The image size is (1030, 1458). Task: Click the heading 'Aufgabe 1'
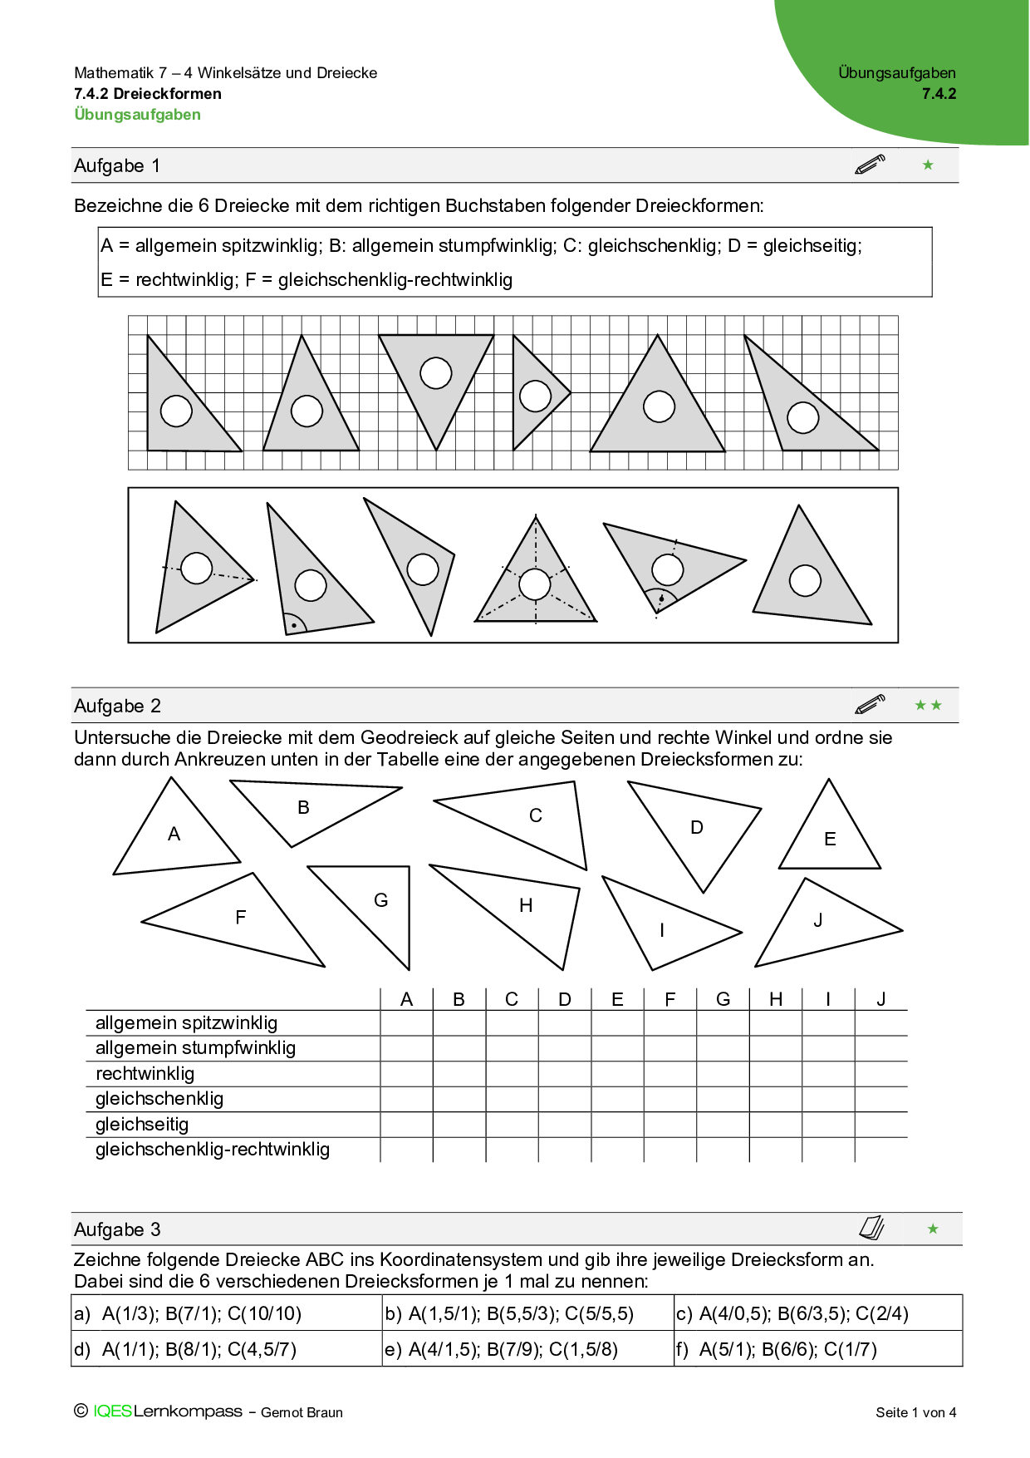tap(117, 166)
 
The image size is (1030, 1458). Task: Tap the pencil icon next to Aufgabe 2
tap(870, 705)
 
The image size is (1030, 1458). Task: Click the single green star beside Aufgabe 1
tap(928, 165)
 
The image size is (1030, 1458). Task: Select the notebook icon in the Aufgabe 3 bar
tap(871, 1228)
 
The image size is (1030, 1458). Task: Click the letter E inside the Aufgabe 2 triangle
tap(830, 840)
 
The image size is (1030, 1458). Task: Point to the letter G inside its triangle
tap(381, 900)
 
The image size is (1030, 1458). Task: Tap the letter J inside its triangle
tap(818, 920)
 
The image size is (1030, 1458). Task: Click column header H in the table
tap(776, 999)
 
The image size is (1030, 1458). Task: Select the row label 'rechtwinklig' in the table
tap(145, 1073)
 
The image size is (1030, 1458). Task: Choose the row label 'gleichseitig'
tap(142, 1125)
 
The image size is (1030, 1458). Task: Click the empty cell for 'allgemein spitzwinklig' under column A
tap(406, 1023)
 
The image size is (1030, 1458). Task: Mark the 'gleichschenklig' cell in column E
tap(617, 1099)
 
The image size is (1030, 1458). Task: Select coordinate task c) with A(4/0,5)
tap(804, 1313)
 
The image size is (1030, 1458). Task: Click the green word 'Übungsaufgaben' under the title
tap(138, 115)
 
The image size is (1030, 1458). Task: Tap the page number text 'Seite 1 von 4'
tap(915, 1412)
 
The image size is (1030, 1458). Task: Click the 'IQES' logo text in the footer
tap(112, 1411)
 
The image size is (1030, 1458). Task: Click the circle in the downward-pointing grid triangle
tap(436, 373)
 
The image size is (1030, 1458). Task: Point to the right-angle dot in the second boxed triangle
tap(293, 625)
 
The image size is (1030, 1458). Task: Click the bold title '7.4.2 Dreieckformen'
tap(148, 94)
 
